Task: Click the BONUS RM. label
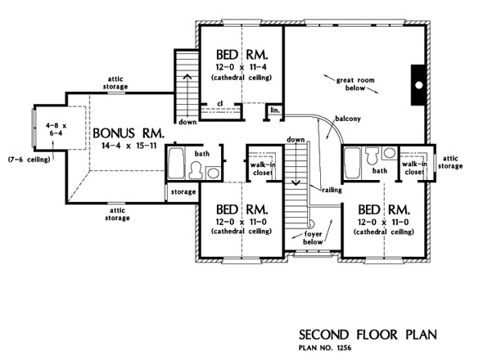pyautogui.click(x=129, y=133)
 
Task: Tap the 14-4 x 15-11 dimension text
pyautogui.click(x=129, y=146)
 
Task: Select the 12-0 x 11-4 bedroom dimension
pyautogui.click(x=241, y=67)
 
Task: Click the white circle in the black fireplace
pyautogui.click(x=419, y=85)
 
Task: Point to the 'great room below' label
pyautogui.click(x=355, y=84)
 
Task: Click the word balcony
pyautogui.click(x=348, y=119)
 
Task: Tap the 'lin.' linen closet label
pyautogui.click(x=275, y=110)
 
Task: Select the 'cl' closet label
pyautogui.click(x=219, y=103)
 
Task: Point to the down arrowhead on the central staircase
pyautogui.click(x=296, y=183)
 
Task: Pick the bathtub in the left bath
pyautogui.click(x=176, y=164)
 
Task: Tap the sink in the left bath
pyautogui.click(x=213, y=173)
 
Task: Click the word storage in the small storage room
pyautogui.click(x=183, y=191)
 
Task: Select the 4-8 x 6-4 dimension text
pyautogui.click(x=56, y=129)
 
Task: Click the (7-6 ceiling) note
pyautogui.click(x=29, y=160)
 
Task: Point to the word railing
pyautogui.click(x=332, y=190)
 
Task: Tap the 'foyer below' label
pyautogui.click(x=313, y=238)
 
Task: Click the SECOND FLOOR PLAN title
pyautogui.click(x=368, y=335)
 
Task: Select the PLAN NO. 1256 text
pyautogui.click(x=325, y=348)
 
